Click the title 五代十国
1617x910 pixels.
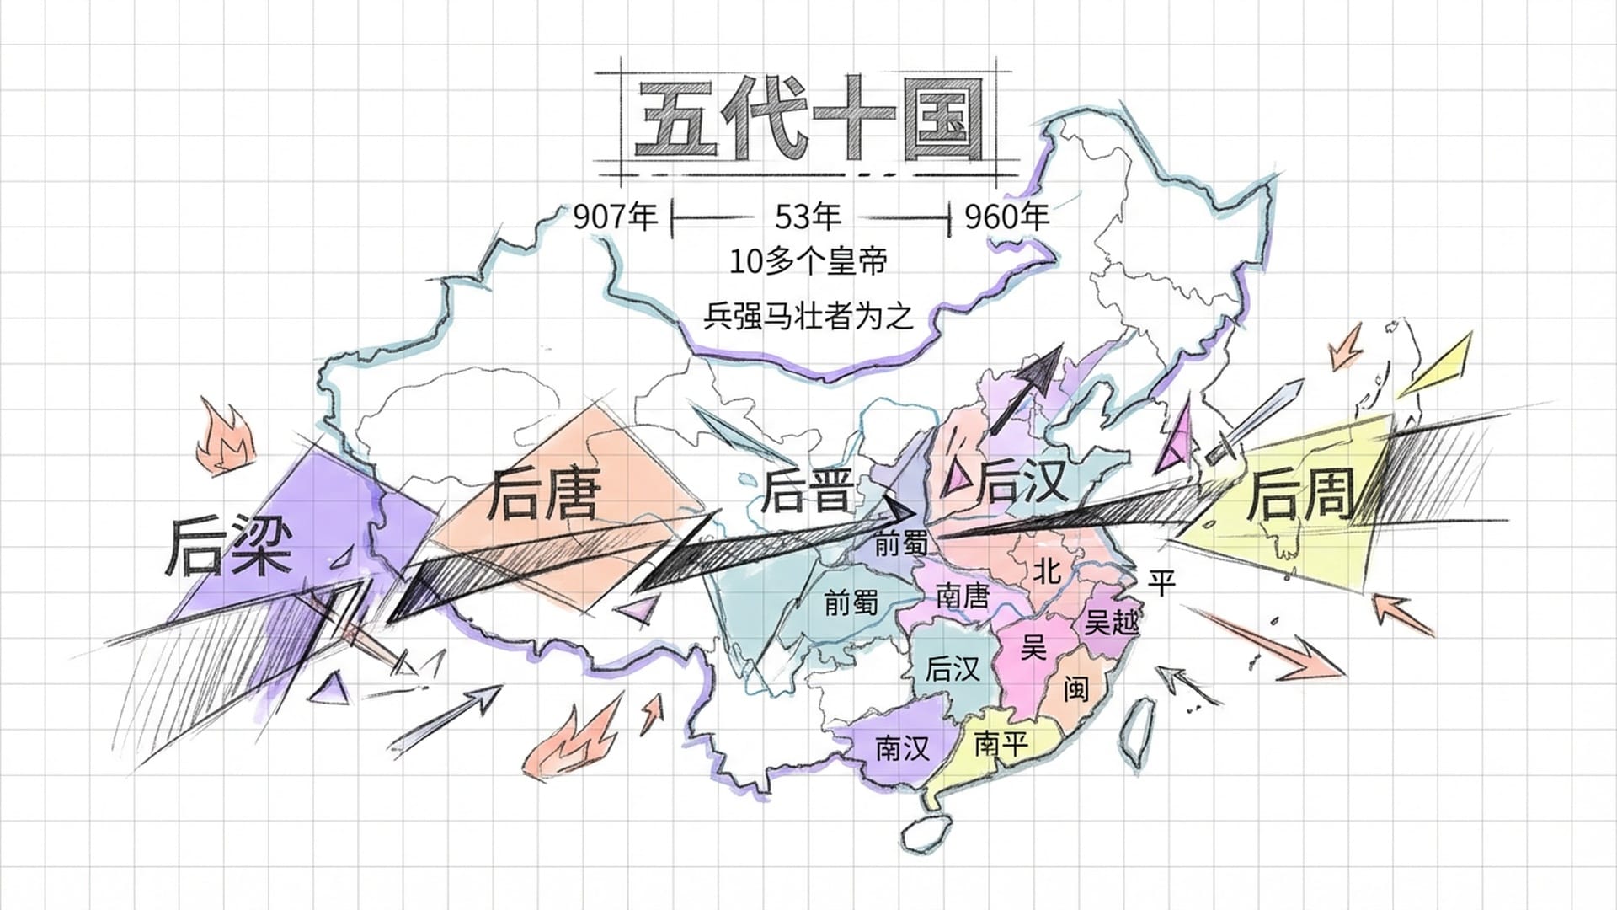point(808,120)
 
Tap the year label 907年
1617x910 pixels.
point(615,217)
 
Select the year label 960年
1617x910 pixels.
point(1006,217)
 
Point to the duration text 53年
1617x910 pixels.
point(808,217)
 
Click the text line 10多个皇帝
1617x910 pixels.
point(808,262)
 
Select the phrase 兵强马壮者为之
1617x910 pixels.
point(808,317)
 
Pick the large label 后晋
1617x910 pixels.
point(806,491)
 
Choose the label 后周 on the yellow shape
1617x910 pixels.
point(1301,495)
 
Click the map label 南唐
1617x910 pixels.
point(962,596)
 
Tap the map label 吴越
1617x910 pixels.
point(1111,622)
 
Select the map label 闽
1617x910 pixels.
point(1075,688)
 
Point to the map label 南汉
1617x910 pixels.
point(902,748)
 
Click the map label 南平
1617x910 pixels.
point(1001,744)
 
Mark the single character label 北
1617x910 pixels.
point(1047,571)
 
